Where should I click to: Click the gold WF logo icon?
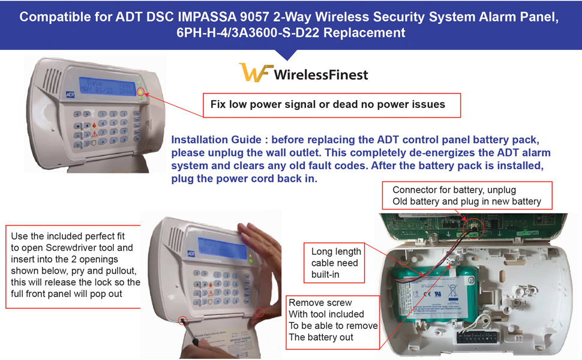[x=256, y=73]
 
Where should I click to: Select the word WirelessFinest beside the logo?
[x=321, y=74]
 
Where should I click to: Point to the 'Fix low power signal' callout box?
[x=331, y=105]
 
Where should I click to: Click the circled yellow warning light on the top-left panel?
[x=141, y=92]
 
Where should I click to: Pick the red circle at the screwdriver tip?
[x=183, y=320]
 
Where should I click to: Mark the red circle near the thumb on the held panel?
[x=260, y=312]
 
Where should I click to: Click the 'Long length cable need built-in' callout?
[x=336, y=263]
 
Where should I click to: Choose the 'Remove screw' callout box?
[x=332, y=320]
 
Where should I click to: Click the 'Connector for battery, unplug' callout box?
[x=466, y=196]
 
